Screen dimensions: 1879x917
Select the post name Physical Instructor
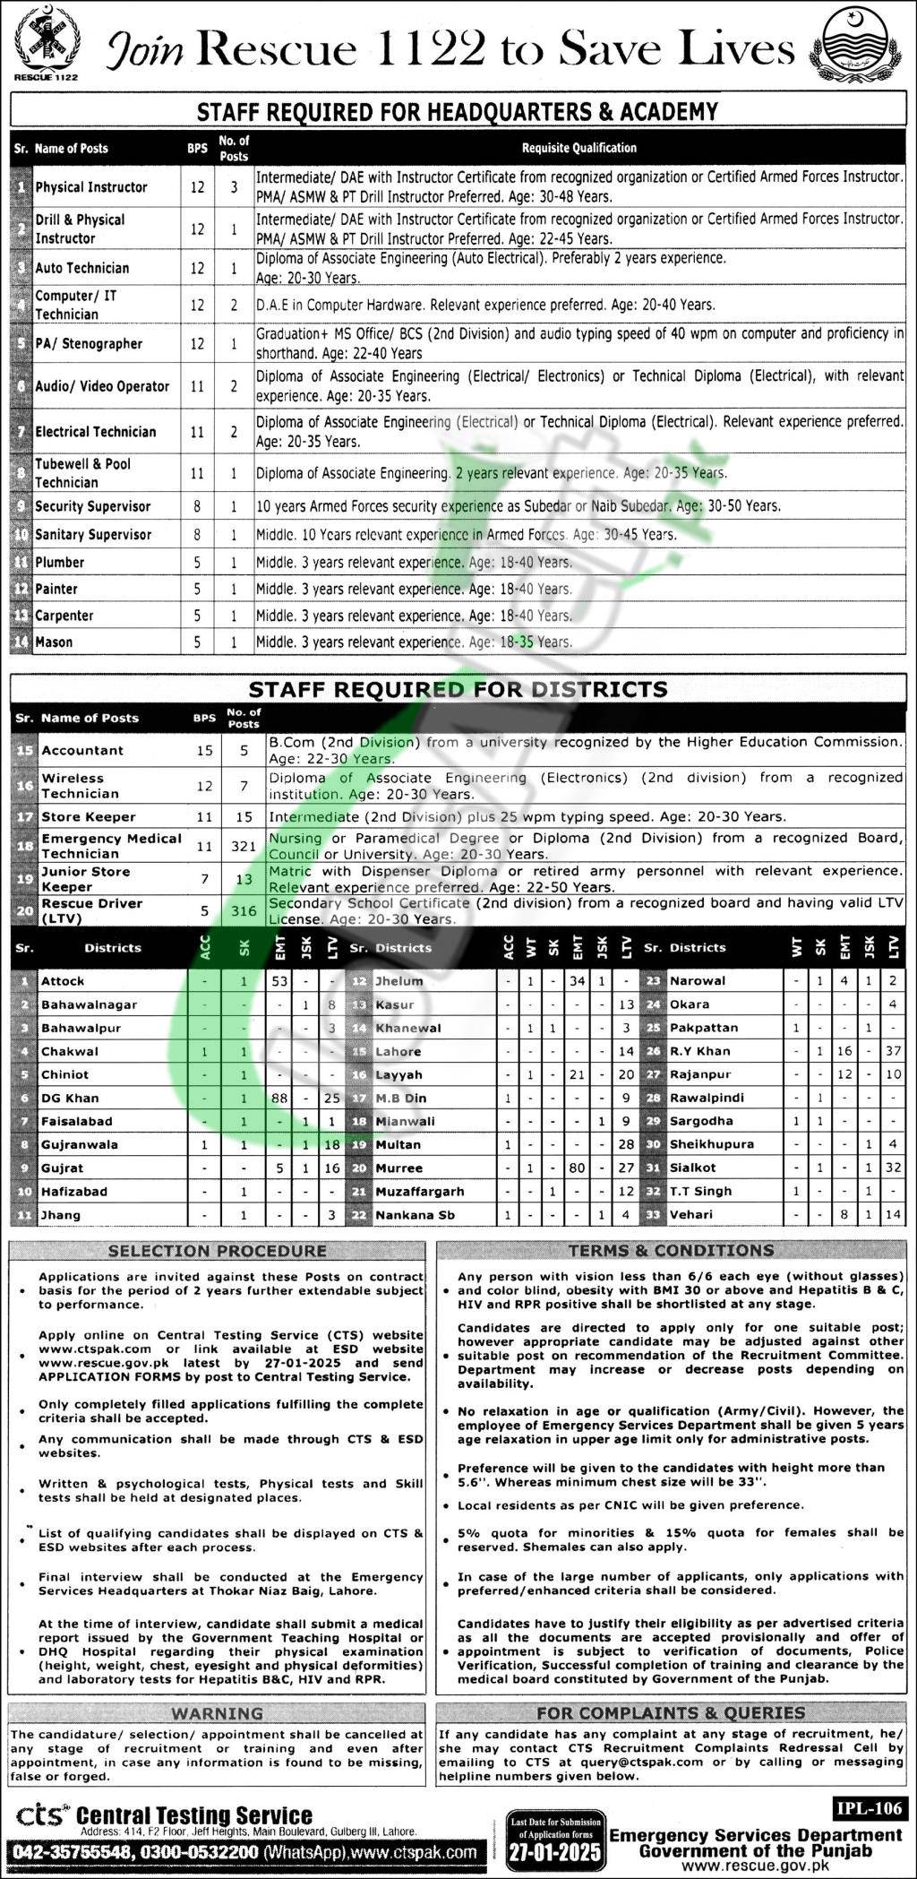[91, 187]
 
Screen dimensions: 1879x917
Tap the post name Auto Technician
[82, 268]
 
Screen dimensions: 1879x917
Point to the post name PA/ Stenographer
[89, 344]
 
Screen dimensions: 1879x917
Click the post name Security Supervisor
[93, 506]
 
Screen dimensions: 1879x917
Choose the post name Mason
[54, 642]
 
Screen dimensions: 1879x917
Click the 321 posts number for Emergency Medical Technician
[244, 845]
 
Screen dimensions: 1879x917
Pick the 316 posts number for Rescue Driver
[244, 910]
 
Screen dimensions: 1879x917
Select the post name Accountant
[82, 750]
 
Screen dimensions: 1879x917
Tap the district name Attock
[63, 981]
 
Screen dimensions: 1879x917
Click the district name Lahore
[399, 1051]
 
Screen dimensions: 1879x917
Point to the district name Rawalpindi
[706, 1098]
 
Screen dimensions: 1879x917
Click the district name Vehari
[691, 1214]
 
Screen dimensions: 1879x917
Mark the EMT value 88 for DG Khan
[279, 1098]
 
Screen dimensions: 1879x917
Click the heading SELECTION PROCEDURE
[218, 1250]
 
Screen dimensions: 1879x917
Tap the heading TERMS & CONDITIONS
[671, 1250]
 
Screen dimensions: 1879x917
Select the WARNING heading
[218, 1712]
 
